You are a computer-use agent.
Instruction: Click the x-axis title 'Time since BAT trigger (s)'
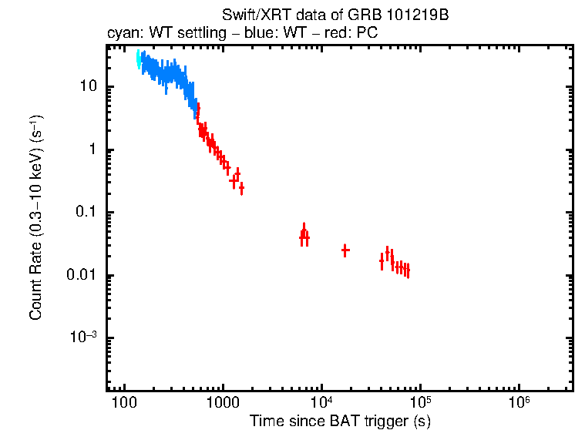pos(339,421)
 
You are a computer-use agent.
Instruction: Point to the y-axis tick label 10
pos(87,86)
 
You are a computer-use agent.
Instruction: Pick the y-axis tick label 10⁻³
pos(83,338)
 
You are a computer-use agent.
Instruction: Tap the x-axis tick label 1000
pos(223,403)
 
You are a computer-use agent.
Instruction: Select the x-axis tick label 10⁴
pos(321,401)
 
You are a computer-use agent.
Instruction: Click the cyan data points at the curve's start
pos(139,59)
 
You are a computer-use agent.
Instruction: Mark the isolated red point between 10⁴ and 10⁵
pos(345,250)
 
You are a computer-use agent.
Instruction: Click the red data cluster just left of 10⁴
pos(304,236)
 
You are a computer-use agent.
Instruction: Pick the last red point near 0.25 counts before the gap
pos(241,187)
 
